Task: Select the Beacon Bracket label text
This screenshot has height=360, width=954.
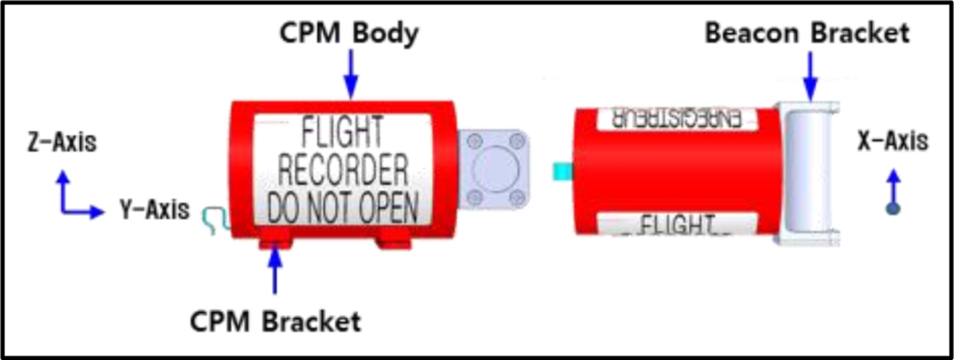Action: pos(807,33)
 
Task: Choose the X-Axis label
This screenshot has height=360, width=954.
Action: pos(892,141)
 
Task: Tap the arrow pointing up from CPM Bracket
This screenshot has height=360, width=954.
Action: pos(275,272)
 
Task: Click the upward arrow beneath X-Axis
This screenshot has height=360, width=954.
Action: pos(893,187)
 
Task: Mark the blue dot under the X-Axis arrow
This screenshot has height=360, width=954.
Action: pos(893,208)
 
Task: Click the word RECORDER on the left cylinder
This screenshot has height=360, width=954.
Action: pos(342,168)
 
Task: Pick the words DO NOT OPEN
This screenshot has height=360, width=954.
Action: pos(342,206)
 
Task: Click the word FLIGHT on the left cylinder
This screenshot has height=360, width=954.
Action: pos(342,132)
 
